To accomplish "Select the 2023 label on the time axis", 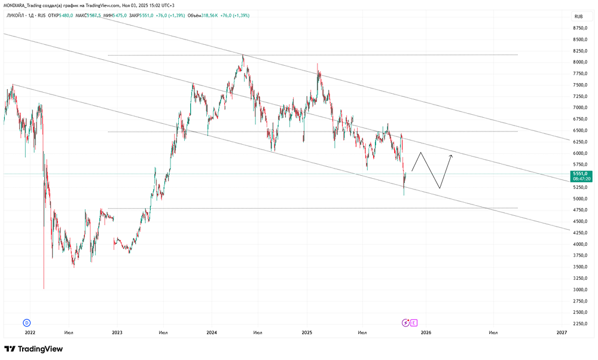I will [117, 332].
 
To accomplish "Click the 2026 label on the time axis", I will [425, 332].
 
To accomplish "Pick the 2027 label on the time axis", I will [562, 332].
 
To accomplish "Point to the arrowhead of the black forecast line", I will [451, 156].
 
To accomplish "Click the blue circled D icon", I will [26, 322].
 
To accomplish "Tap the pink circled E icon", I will [414, 322].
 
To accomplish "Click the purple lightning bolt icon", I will [406, 322].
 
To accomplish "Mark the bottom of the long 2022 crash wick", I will [44, 289].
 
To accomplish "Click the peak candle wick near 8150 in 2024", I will [243, 55].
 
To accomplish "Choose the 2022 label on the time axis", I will [30, 332].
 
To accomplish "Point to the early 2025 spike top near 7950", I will [318, 65].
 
